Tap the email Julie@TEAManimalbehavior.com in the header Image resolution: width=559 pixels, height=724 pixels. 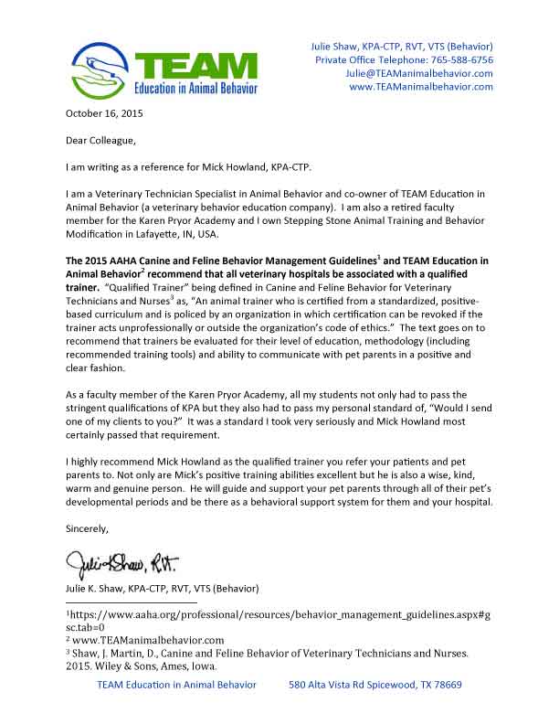421,73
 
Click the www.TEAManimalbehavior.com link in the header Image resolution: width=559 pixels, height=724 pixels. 421,87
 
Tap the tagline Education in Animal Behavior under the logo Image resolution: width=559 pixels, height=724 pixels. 196,89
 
